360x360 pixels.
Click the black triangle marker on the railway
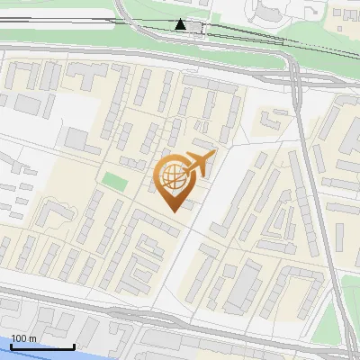click(x=181, y=24)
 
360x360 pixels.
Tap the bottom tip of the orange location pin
click(x=173, y=210)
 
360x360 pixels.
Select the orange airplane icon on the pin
click(x=198, y=165)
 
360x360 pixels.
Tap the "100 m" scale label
click(x=24, y=337)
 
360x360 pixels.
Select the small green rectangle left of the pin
click(x=113, y=180)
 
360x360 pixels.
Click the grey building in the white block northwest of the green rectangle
click(x=77, y=139)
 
